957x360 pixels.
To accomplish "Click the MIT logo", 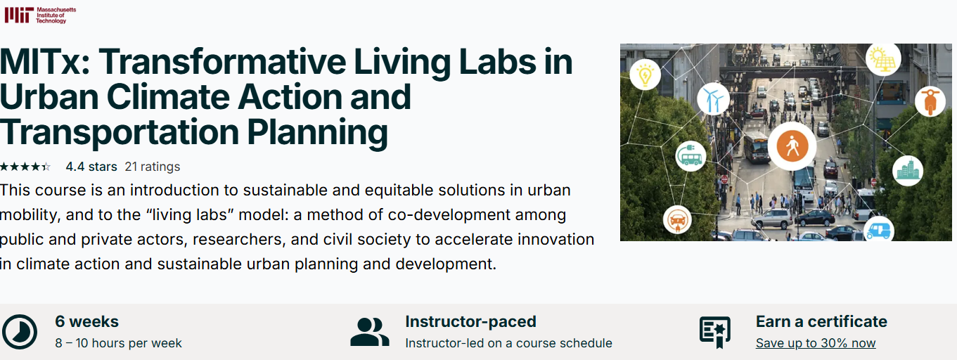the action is [x=40, y=15].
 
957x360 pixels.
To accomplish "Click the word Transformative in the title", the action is [x=222, y=62].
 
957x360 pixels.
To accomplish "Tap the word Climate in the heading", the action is [x=172, y=97].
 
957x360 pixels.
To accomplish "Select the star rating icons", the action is [x=25, y=167].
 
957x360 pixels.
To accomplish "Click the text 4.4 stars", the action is [x=91, y=167].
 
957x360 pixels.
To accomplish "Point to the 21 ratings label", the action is [x=152, y=167].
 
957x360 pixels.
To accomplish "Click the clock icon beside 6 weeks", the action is [x=19, y=332].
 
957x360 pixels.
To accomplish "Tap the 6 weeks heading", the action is [x=86, y=321].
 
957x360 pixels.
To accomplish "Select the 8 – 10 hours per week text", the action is [x=118, y=343].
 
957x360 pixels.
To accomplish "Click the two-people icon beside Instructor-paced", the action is [x=370, y=332].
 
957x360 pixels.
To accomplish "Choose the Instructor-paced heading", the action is [x=470, y=321].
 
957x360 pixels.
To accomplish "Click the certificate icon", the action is [x=714, y=332].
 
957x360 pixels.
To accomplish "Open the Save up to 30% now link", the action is [x=816, y=343].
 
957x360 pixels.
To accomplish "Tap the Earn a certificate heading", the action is [x=821, y=321].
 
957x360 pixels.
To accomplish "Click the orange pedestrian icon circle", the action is [x=792, y=146].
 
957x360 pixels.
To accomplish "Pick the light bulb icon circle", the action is [x=645, y=75].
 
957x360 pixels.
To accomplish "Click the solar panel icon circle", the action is [x=883, y=59].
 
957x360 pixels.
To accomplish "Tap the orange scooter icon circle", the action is [x=930, y=101].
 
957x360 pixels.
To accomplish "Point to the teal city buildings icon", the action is [x=908, y=171].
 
